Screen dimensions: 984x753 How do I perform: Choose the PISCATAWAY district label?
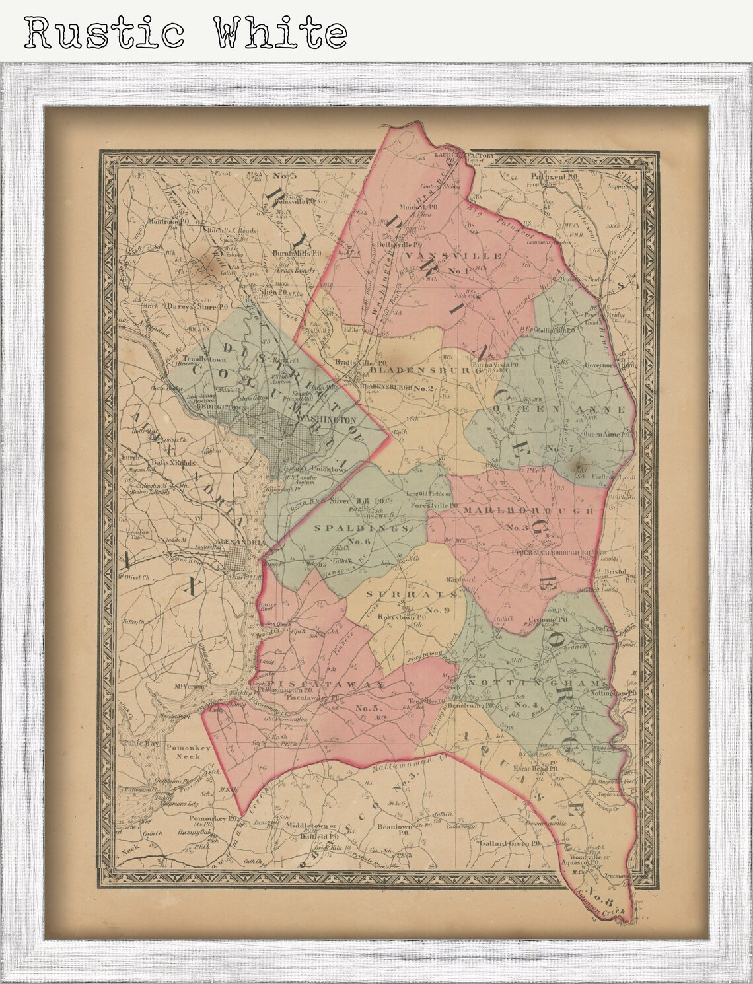(323, 686)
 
